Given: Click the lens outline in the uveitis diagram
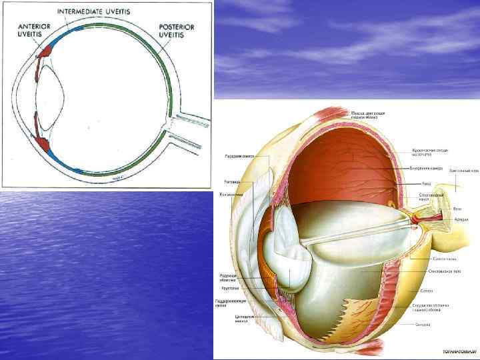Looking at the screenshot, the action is (47, 93).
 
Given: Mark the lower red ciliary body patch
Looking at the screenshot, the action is (45, 141).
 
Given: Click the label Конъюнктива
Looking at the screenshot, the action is (232, 194).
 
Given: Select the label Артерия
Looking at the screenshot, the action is (461, 219).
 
